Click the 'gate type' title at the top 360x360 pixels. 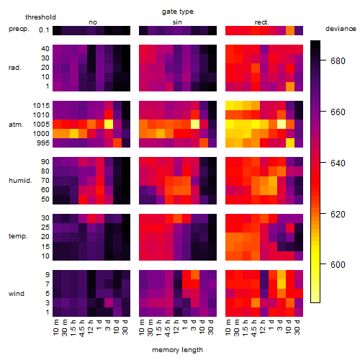pos(178,12)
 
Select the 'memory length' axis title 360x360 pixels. pos(177,350)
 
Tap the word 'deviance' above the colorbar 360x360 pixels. pos(341,29)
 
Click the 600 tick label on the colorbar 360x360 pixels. pos(338,265)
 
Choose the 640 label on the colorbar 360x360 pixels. pos(338,163)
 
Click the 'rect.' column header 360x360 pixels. pos(262,22)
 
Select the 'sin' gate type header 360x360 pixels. pos(177,22)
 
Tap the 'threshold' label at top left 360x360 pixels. pos(40,17)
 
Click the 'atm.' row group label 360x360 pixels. pos(16,125)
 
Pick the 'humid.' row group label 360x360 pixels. pos(20,181)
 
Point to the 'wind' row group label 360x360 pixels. pos(17,294)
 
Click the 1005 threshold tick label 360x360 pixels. pos(41,125)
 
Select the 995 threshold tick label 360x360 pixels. pos(43,143)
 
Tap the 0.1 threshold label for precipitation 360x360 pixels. pos(44,30)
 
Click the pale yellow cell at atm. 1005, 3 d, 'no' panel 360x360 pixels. pos(109,125)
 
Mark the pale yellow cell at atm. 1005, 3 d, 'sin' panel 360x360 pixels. pos(195,125)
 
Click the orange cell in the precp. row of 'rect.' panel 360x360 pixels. pos(290,30)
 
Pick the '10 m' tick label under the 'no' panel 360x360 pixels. pos(56,328)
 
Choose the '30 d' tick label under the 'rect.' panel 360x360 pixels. pos(297,328)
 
